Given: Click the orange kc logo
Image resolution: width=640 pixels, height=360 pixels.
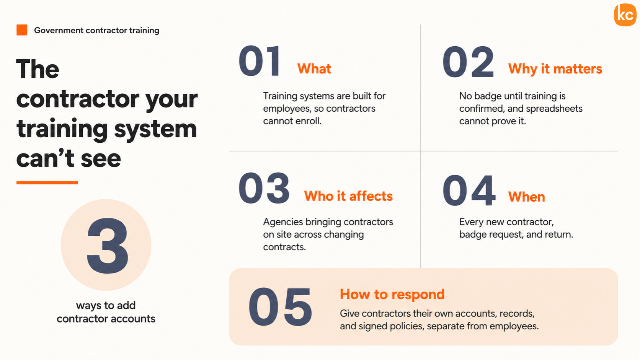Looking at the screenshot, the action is pos(625,15).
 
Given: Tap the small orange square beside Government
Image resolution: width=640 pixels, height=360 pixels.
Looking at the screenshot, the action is pos(22,30).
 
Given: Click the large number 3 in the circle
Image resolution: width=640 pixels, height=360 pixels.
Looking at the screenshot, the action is pos(107,246).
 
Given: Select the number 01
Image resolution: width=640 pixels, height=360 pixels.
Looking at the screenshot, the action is pos(259,61).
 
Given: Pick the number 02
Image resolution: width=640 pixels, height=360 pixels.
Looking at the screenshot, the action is pos(468,62).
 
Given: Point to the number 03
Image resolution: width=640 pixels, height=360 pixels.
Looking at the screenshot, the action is pos(264,188).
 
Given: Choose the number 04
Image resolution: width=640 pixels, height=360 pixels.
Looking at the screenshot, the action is pos(469,191).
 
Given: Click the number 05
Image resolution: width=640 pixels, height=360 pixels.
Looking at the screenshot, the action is pos(280,307).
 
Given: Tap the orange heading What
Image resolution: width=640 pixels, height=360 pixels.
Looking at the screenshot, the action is pos(314,69).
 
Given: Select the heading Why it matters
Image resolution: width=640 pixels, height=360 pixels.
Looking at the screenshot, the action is pos(555,69).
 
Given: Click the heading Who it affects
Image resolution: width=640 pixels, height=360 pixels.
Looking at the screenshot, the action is pos(348,196).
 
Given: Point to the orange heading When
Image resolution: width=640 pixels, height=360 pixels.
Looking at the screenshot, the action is pos(527,197).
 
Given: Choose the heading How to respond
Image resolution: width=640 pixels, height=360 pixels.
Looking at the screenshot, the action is pos(392,294).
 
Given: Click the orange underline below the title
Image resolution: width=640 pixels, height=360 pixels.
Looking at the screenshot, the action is pos(47,183).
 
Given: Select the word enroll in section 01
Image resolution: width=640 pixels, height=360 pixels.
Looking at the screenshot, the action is pos(309,121).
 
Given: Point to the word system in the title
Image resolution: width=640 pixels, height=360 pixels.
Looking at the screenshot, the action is pos(155,129).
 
